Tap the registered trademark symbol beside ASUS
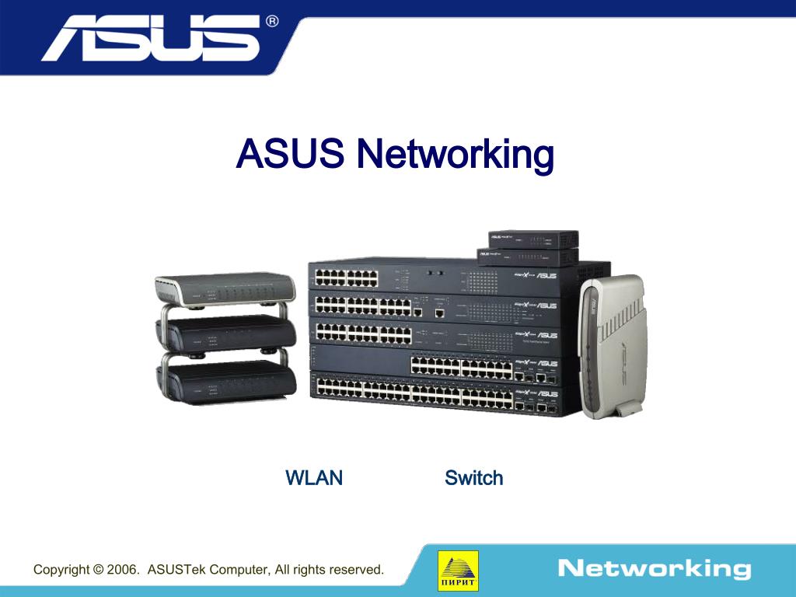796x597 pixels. point(272,22)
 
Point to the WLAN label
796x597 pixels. point(314,477)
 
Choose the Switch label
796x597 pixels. point(473,477)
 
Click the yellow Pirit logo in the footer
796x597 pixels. point(459,571)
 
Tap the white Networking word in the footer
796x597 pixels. point(654,568)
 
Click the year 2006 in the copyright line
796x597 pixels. point(122,570)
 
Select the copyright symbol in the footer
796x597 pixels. point(97,570)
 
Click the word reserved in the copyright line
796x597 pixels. point(356,570)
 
